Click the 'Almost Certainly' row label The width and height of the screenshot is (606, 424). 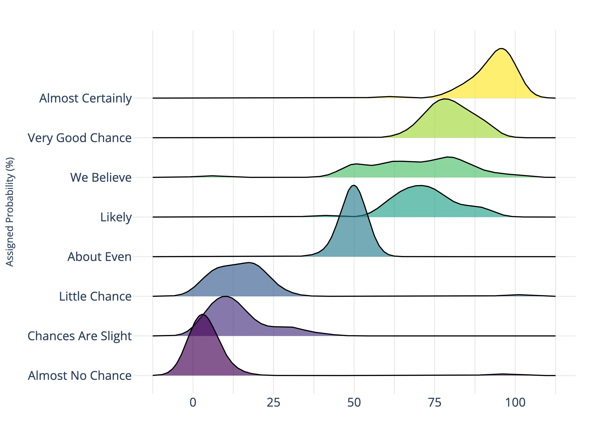85,98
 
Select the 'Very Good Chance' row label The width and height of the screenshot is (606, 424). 80,138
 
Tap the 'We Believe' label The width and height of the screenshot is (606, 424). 100,178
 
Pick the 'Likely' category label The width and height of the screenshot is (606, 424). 116,217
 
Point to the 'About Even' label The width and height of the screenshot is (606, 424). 99,257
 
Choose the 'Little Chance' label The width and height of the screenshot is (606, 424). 95,297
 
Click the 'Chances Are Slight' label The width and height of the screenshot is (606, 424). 80,336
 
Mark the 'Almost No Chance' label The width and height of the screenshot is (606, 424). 80,376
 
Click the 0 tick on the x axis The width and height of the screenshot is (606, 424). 193,403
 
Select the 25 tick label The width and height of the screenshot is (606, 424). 273,403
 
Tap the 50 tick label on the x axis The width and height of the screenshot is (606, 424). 354,403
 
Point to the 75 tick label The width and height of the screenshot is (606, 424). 435,403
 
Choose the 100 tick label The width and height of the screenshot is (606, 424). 515,403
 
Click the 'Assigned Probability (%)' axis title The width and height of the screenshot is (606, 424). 10,212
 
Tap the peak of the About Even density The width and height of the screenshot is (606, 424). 354,185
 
